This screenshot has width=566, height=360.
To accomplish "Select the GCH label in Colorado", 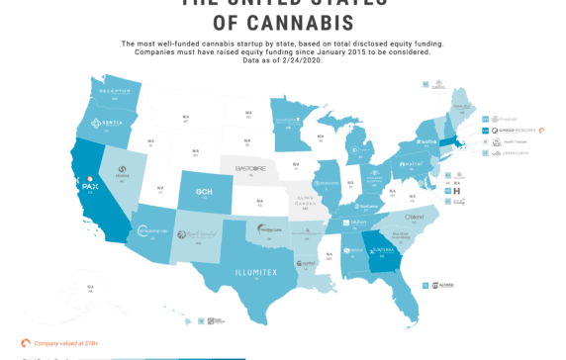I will (205, 192).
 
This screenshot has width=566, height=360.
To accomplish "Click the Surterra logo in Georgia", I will (384, 251).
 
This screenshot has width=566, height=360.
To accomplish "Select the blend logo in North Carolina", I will (417, 216).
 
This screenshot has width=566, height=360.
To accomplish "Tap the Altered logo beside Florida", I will (443, 285).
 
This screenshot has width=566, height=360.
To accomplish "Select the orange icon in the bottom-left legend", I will (27, 343).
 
